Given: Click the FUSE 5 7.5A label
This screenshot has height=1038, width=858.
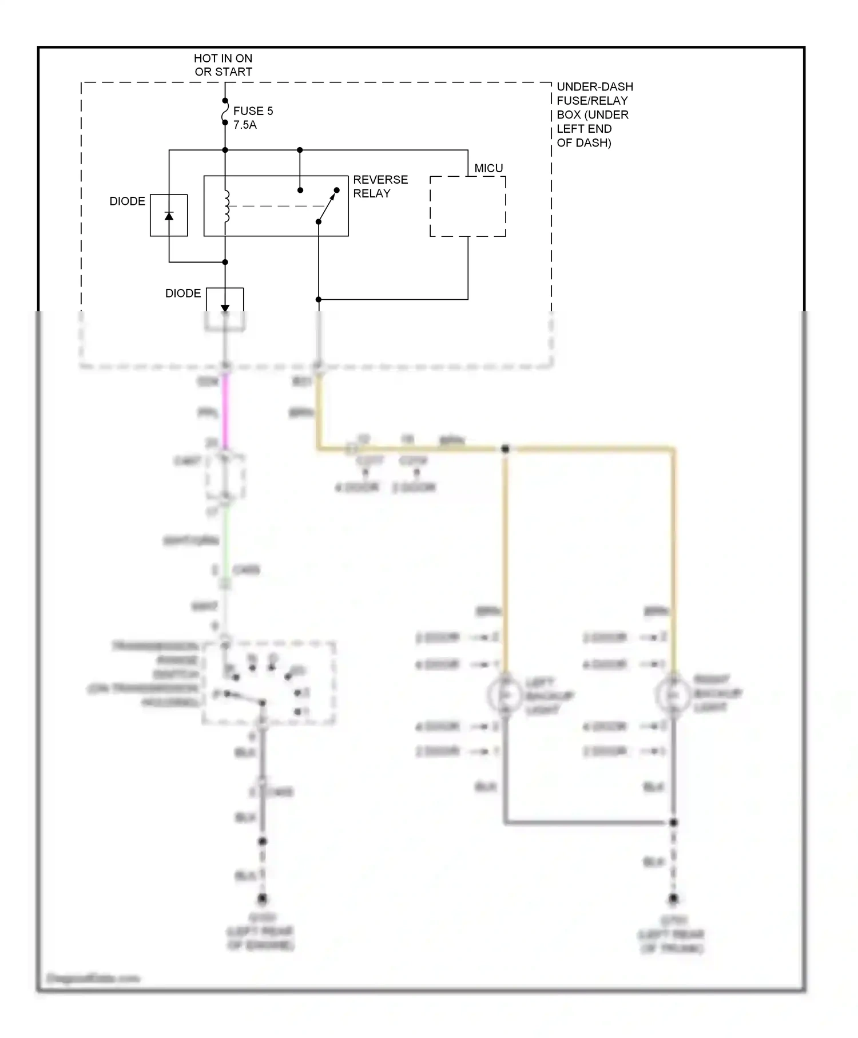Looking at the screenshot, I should (253, 118).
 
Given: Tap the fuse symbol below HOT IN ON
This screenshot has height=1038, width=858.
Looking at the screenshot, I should (225, 112).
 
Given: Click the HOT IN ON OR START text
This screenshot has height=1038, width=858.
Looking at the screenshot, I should (223, 65).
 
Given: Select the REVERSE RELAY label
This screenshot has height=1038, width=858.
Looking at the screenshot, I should (380, 187).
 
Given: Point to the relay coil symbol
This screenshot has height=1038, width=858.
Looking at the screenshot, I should (227, 206).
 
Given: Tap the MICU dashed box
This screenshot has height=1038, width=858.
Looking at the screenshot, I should (467, 206).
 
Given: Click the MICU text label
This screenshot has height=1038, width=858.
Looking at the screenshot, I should (488, 168).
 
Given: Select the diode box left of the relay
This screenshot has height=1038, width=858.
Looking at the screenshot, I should (169, 215).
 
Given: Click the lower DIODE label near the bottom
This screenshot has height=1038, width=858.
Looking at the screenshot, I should (183, 294).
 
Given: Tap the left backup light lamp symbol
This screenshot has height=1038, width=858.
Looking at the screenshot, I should (505, 695).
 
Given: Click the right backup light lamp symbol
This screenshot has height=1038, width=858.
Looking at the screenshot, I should (673, 694).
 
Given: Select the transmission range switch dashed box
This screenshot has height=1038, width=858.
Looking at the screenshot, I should (269, 683).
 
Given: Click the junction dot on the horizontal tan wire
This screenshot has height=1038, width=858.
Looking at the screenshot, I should (505, 449).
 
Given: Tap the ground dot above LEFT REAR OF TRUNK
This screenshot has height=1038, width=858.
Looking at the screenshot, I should (673, 899).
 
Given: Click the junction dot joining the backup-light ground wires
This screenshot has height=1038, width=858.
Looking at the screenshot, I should (673, 822).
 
